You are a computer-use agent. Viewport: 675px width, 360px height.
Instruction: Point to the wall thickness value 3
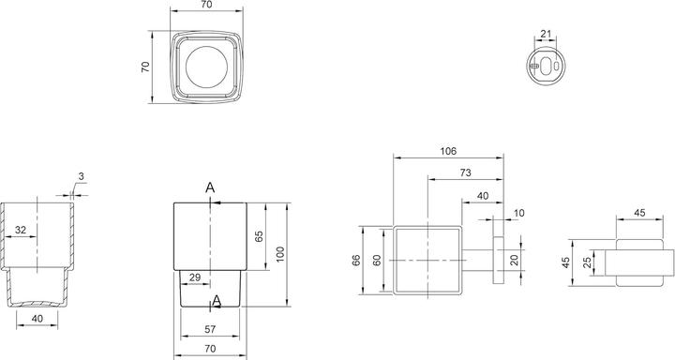click(x=82, y=176)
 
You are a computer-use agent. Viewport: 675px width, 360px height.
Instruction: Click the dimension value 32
click(x=21, y=231)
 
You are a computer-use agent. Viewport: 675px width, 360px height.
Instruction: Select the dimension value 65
click(x=260, y=236)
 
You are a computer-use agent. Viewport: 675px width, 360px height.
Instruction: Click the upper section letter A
click(x=211, y=188)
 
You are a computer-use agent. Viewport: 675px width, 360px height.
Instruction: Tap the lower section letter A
click(x=217, y=300)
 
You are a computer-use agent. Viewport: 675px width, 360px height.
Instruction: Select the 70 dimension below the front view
click(x=211, y=349)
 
